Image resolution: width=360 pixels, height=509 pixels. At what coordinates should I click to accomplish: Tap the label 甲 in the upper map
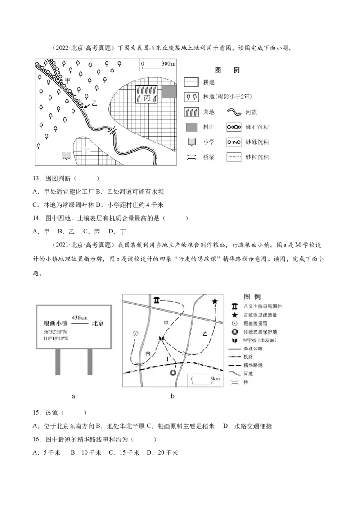(67, 80)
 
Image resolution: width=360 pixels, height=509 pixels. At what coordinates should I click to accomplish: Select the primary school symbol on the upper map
(67, 156)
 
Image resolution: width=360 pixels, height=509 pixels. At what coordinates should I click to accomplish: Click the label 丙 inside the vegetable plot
(148, 98)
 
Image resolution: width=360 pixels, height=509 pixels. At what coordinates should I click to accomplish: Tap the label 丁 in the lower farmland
(87, 151)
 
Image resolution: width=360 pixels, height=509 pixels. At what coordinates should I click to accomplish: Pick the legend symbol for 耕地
(192, 82)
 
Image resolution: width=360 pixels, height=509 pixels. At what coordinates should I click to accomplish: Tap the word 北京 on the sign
(99, 323)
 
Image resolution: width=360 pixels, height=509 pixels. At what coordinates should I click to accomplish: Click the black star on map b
(215, 301)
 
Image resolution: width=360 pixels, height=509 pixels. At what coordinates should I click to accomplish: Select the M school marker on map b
(161, 338)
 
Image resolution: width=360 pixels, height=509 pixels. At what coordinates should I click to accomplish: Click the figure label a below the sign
(73, 397)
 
